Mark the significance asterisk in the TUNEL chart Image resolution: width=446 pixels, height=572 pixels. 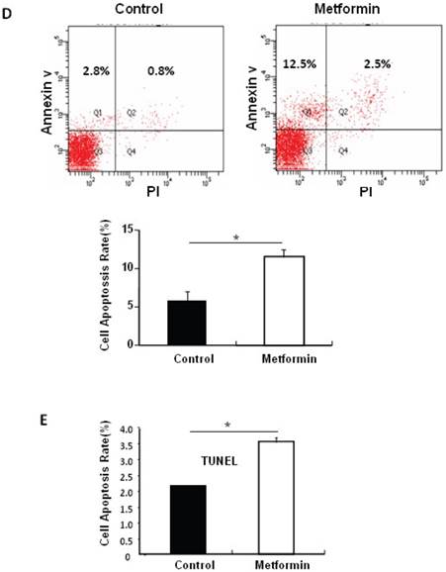[227, 426]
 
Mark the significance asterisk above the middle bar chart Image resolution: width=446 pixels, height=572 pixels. [233, 238]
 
